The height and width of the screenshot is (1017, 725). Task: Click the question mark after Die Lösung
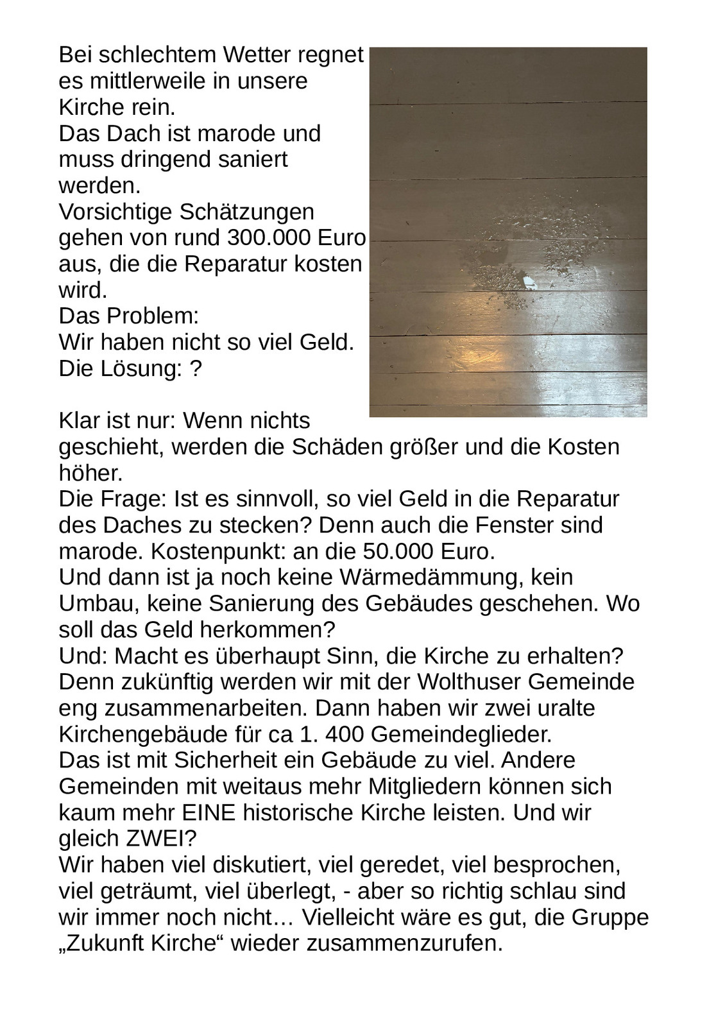click(x=196, y=369)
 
